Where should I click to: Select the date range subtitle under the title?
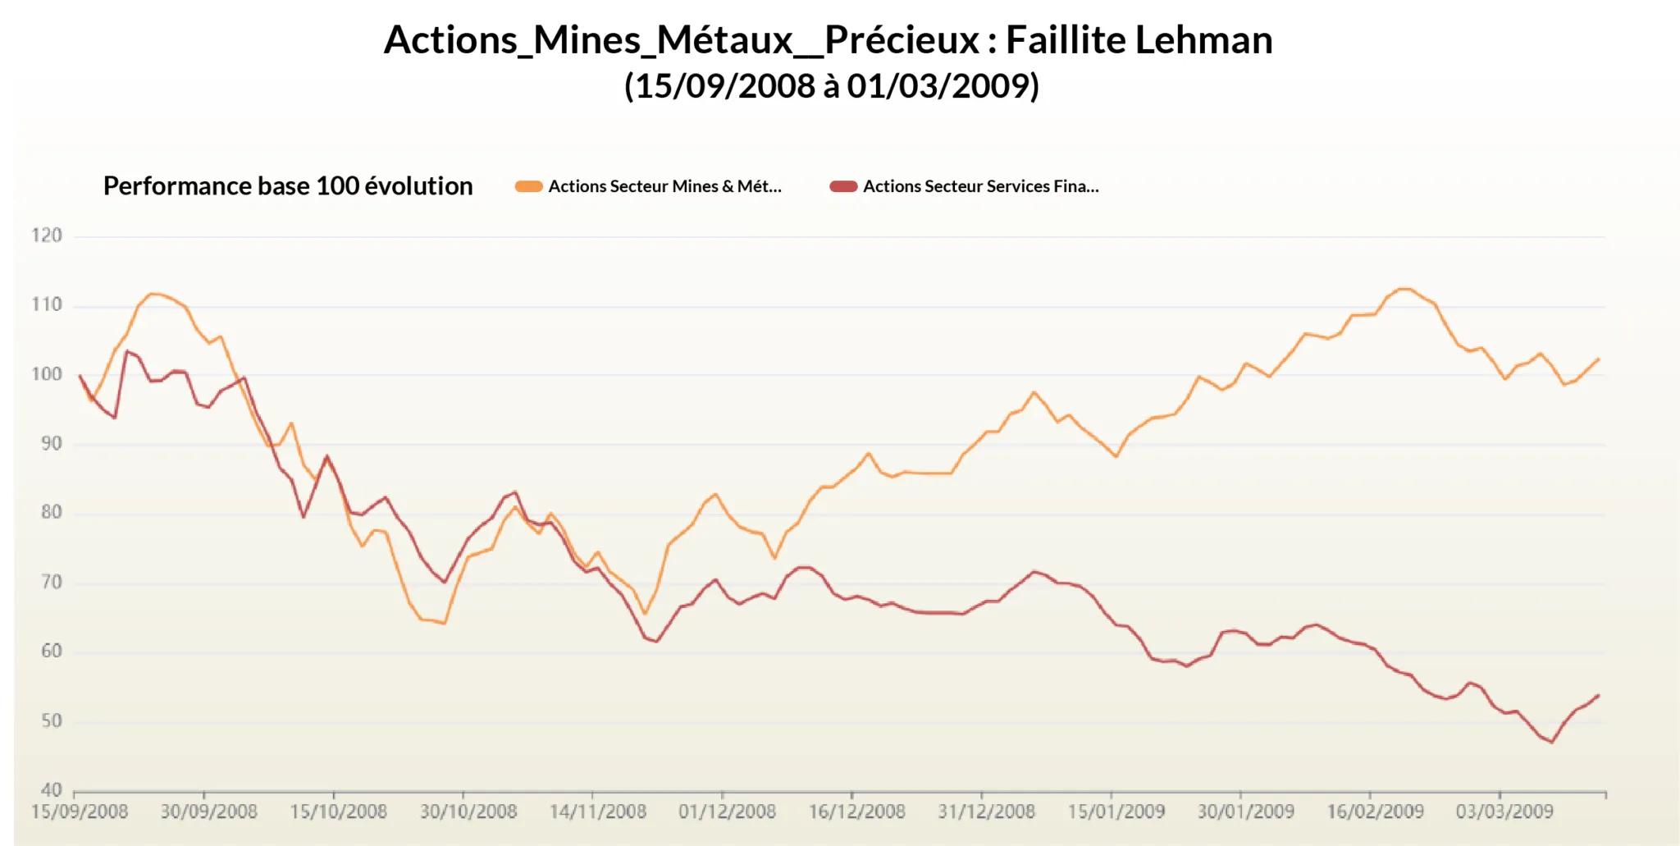[x=832, y=86]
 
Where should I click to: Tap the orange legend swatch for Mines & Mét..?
[x=528, y=186]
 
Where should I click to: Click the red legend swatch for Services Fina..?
[x=843, y=186]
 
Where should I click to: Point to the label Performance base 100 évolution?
[x=288, y=186]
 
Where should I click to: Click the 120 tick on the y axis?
[x=47, y=236]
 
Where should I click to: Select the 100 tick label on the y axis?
[x=47, y=374]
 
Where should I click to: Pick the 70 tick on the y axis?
[x=51, y=583]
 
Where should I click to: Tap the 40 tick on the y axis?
[x=51, y=790]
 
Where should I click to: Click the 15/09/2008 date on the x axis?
[x=80, y=812]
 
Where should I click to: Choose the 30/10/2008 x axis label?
[x=468, y=812]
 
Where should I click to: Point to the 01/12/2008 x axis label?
[x=727, y=812]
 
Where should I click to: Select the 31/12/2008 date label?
[x=986, y=812]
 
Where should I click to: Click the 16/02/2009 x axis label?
[x=1375, y=812]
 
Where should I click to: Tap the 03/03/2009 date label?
[x=1504, y=812]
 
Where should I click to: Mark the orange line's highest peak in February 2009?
[x=1404, y=289]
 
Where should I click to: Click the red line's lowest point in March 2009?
[x=1552, y=742]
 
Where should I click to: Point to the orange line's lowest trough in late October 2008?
[x=444, y=624]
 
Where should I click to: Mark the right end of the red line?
[x=1598, y=696]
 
